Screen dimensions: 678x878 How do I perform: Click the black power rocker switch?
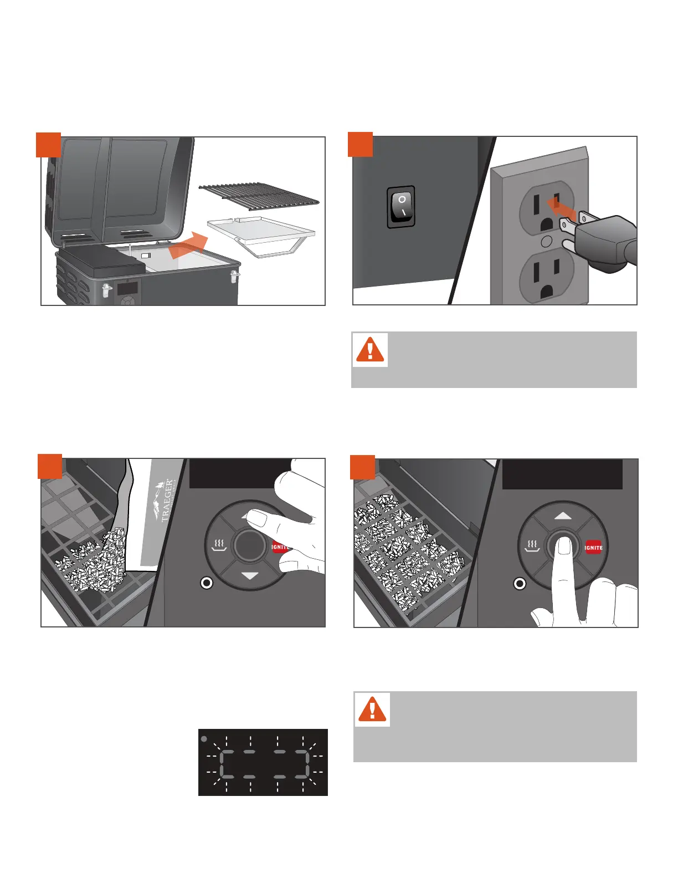click(x=401, y=207)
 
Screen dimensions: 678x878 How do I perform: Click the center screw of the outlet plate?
click(x=545, y=241)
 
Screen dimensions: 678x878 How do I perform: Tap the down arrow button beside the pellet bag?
click(x=250, y=576)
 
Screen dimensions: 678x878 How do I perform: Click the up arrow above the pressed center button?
click(x=563, y=515)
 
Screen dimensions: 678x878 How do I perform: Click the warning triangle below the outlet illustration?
click(x=370, y=349)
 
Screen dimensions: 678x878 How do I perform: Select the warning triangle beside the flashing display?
click(x=372, y=709)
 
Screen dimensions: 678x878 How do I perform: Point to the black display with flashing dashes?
click(x=263, y=762)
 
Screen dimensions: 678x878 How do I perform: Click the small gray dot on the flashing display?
click(x=204, y=739)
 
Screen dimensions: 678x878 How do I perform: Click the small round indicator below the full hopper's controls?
click(x=520, y=583)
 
